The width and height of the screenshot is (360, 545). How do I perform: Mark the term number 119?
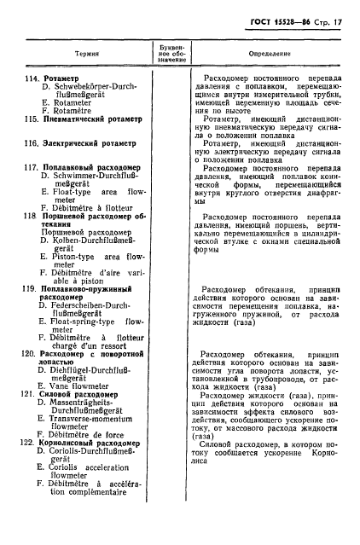30,291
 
